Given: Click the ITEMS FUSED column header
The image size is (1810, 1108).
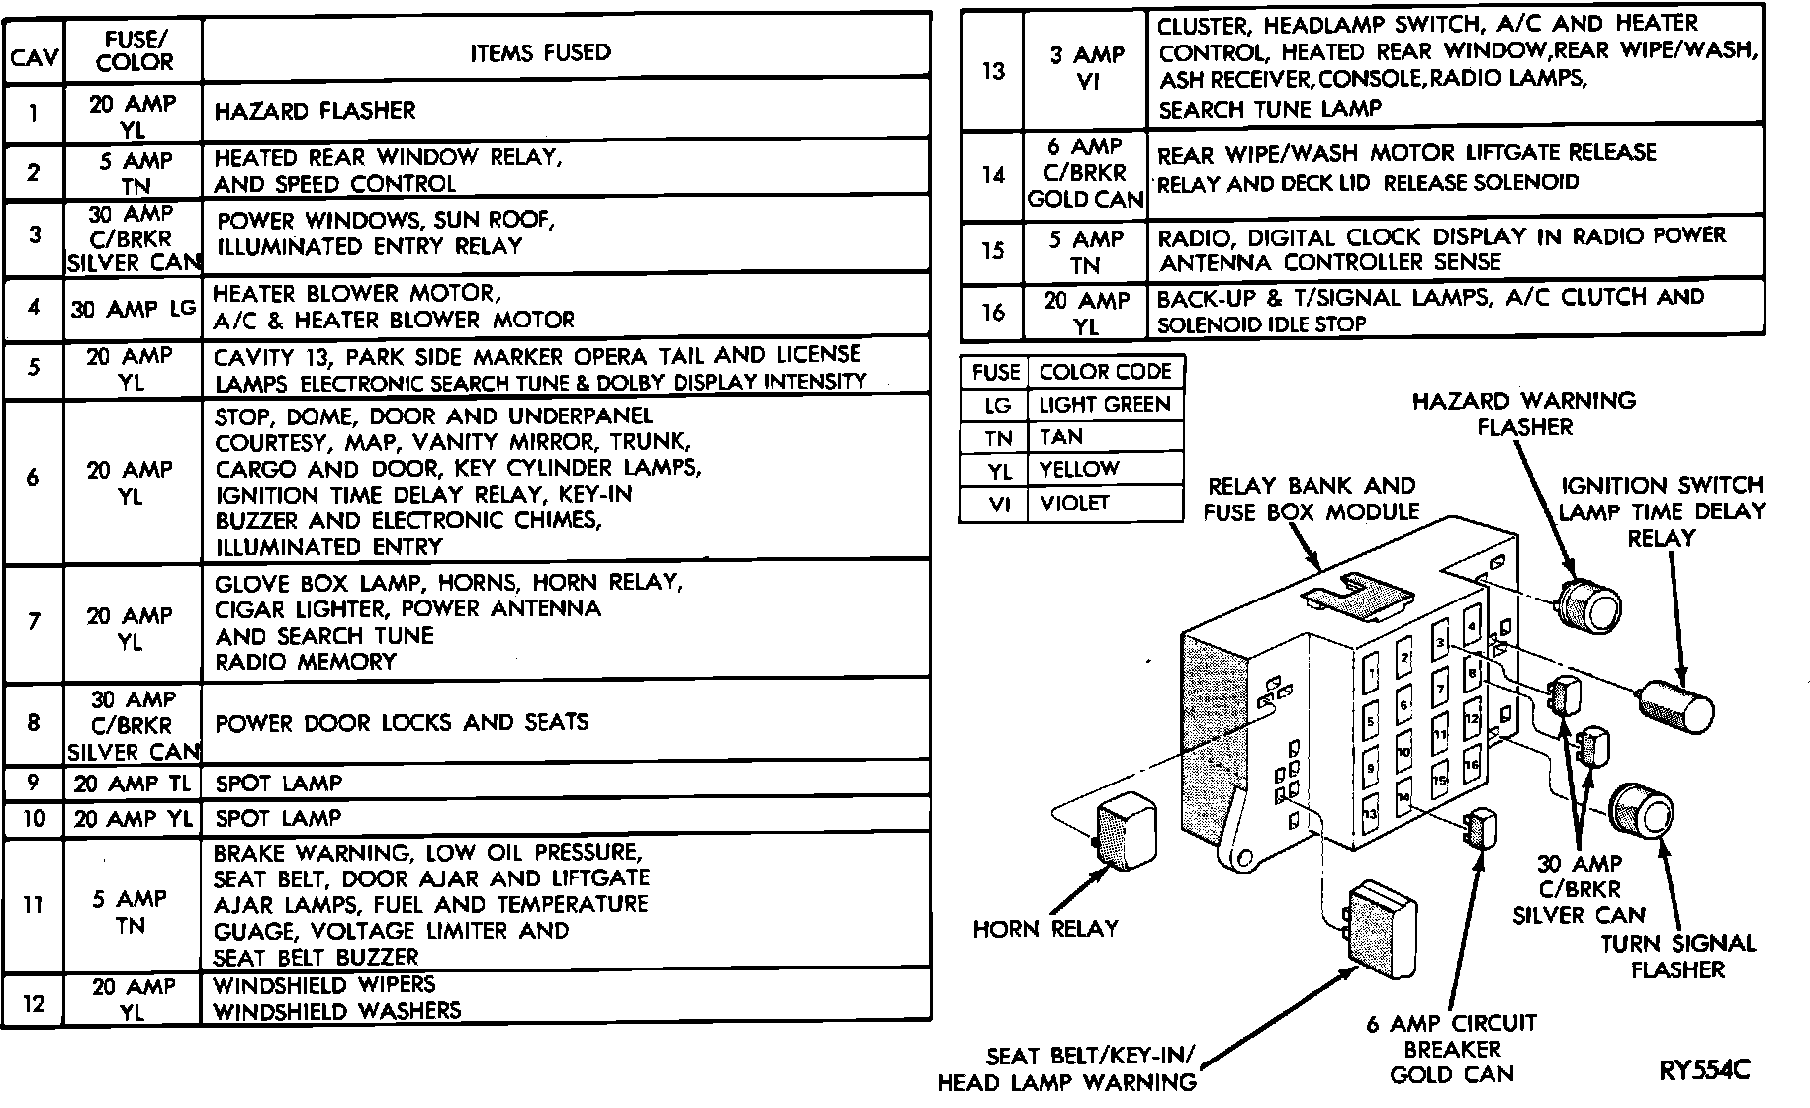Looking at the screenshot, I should (x=540, y=51).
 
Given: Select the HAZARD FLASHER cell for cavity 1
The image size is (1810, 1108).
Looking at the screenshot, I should (x=315, y=110).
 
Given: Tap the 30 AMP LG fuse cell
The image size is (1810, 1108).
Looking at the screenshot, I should (x=133, y=308).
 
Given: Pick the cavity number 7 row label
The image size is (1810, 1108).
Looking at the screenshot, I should (x=34, y=621).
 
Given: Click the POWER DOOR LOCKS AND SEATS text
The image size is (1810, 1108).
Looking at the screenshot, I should (x=402, y=722).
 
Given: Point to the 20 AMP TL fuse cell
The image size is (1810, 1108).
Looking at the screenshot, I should (x=133, y=784).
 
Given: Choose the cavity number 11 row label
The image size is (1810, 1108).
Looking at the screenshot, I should (x=34, y=904).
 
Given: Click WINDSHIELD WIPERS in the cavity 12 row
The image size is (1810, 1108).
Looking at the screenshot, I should (x=324, y=985).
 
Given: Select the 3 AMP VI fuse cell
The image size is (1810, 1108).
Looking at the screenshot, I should (x=1086, y=69).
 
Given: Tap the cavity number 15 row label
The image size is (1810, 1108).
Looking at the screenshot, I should (x=992, y=250).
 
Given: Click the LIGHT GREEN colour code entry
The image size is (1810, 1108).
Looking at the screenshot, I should (x=1104, y=404).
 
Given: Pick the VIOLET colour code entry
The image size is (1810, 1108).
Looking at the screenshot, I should (x=1075, y=503).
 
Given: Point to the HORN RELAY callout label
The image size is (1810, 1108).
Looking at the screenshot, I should (x=1044, y=929).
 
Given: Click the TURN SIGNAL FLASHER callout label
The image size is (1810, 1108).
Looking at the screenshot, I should (x=1677, y=956).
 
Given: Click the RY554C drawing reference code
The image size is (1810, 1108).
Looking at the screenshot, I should (x=1704, y=1069).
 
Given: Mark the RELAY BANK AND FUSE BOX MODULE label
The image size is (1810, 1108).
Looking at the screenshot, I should (x=1311, y=499).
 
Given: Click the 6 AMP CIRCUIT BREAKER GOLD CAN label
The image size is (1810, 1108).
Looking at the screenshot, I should (x=1452, y=1049).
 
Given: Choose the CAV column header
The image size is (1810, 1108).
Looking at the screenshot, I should (x=34, y=61).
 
